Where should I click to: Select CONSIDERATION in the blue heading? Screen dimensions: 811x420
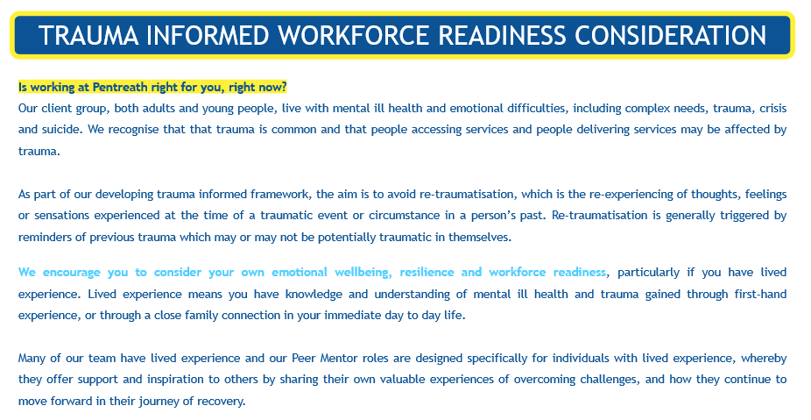click(x=670, y=35)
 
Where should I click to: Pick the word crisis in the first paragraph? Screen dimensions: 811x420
click(x=772, y=108)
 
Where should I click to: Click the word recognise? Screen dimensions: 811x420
click(x=133, y=130)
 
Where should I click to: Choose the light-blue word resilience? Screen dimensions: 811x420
click(x=427, y=273)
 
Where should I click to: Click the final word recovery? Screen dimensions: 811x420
click(x=224, y=402)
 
